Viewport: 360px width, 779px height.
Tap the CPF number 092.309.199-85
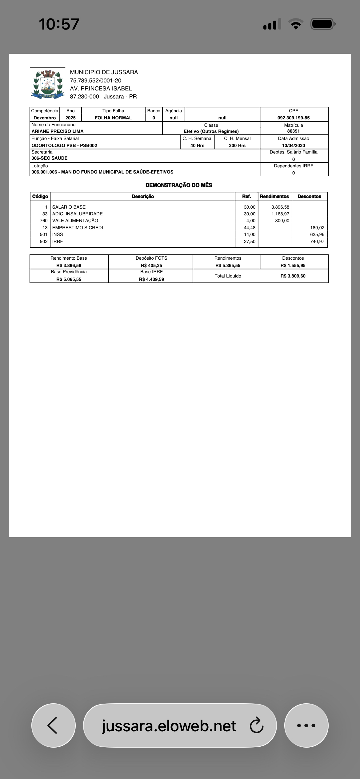point(293,118)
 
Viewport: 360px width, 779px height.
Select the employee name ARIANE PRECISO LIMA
point(58,131)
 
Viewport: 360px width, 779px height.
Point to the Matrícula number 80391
point(293,131)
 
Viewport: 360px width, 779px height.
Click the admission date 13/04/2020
point(293,146)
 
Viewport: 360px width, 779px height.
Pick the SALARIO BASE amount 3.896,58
point(280,207)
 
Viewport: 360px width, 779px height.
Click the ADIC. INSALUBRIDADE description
point(77,214)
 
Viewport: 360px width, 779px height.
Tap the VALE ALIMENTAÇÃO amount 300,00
point(282,221)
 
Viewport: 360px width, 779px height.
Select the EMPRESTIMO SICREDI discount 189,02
point(317,228)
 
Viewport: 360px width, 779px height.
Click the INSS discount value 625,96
point(317,234)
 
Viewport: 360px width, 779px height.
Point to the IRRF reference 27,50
point(250,242)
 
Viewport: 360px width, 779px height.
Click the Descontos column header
point(309,196)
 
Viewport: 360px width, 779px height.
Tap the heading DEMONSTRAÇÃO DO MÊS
point(179,185)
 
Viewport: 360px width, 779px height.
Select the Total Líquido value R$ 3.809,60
point(293,276)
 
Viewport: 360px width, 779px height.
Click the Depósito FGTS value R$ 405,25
point(151,266)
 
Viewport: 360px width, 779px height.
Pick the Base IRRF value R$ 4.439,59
point(151,279)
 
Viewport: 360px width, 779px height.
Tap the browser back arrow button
point(53,725)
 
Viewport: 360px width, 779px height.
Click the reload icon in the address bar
point(256,725)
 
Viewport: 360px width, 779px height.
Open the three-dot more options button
point(306,725)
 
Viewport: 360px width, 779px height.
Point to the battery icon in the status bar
point(322,24)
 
